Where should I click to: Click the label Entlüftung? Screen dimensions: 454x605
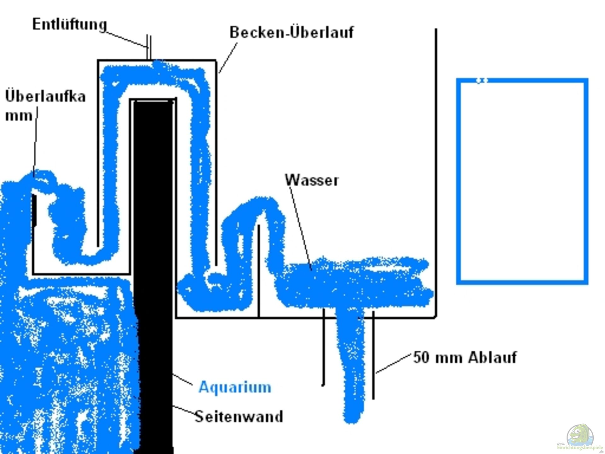point(70,24)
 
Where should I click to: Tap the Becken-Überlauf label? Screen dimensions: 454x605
point(291,32)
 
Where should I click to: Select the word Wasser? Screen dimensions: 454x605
point(312,180)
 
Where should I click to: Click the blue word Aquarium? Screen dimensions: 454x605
point(235,387)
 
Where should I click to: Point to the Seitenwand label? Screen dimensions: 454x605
point(239,416)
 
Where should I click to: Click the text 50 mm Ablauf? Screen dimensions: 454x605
point(465,358)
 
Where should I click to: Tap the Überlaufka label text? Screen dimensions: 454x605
point(45,96)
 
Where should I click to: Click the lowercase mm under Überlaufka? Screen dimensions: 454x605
point(19,115)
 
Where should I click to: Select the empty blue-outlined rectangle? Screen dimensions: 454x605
point(522,181)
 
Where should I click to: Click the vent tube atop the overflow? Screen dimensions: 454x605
point(149,47)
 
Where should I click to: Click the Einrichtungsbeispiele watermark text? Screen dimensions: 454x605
point(580,448)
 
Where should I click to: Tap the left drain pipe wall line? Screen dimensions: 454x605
point(323,347)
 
